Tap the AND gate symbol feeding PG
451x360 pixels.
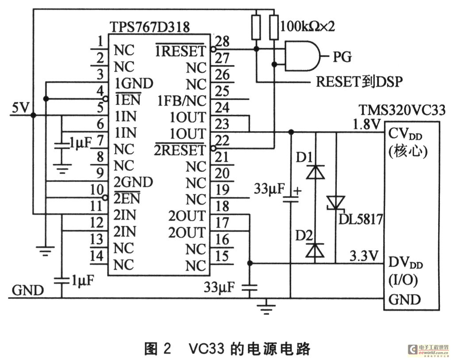coord(303,56)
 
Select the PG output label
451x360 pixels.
coord(341,57)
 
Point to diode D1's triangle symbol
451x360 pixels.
coord(316,172)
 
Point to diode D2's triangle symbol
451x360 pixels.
coord(316,250)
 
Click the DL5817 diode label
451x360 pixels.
coord(360,219)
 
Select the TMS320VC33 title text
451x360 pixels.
coord(402,109)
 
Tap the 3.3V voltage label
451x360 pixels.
coord(364,256)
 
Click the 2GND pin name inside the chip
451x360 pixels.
coord(134,182)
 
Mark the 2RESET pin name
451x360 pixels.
coord(180,150)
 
